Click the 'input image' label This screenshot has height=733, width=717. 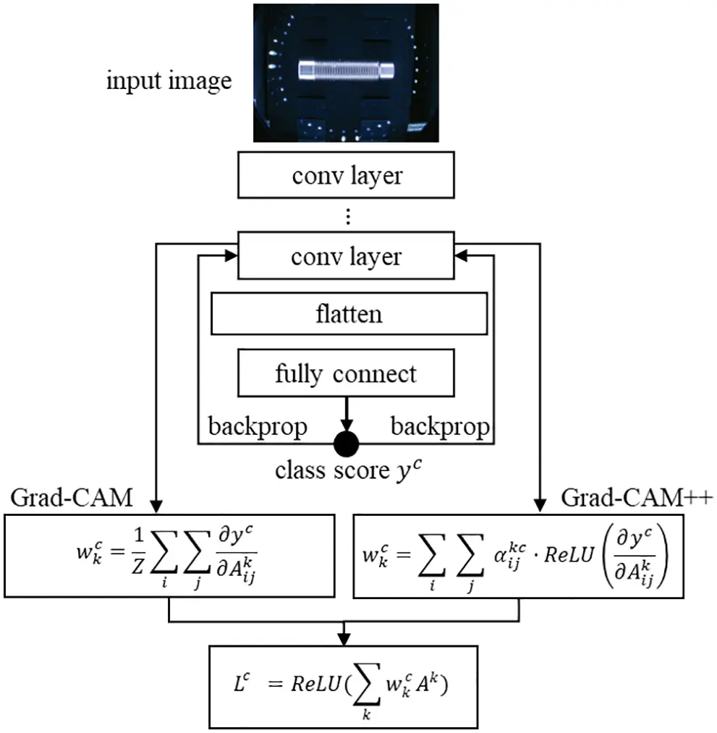pyautogui.click(x=169, y=80)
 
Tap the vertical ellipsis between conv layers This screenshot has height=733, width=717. pyautogui.click(x=347, y=216)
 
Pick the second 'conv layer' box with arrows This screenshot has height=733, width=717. pyautogui.click(x=347, y=257)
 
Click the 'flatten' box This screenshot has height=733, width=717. pyautogui.click(x=348, y=315)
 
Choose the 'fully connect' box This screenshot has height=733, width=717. pyautogui.click(x=346, y=373)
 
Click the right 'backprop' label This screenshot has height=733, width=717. pyautogui.click(x=440, y=427)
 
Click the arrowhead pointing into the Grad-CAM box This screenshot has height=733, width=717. pyautogui.click(x=157, y=507)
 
